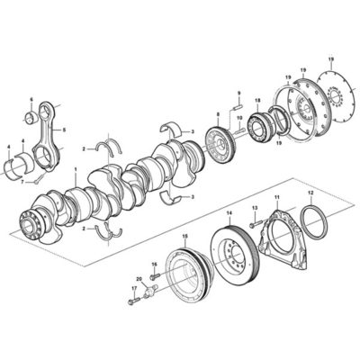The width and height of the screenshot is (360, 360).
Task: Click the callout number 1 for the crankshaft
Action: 76,169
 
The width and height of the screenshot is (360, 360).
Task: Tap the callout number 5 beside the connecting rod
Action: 64,130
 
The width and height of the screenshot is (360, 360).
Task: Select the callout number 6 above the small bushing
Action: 31,99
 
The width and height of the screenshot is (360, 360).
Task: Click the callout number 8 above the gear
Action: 218,114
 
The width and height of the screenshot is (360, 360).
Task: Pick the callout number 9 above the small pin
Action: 239,93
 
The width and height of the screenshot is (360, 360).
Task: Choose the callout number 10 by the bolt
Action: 239,118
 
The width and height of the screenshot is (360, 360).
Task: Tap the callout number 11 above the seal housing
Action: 277,197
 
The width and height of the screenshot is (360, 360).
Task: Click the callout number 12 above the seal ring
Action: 310,193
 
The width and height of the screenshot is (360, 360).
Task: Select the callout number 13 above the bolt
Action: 255,208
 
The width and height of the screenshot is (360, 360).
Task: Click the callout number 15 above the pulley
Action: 185,237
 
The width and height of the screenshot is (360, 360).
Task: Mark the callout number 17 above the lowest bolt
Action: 134,288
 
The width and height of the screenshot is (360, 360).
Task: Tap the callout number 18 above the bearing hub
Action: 257,100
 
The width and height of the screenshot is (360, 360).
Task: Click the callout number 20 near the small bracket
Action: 139,279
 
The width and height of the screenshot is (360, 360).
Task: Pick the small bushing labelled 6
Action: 31,118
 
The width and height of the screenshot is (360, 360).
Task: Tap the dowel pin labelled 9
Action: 238,106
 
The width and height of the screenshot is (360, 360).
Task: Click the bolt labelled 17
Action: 134,301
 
